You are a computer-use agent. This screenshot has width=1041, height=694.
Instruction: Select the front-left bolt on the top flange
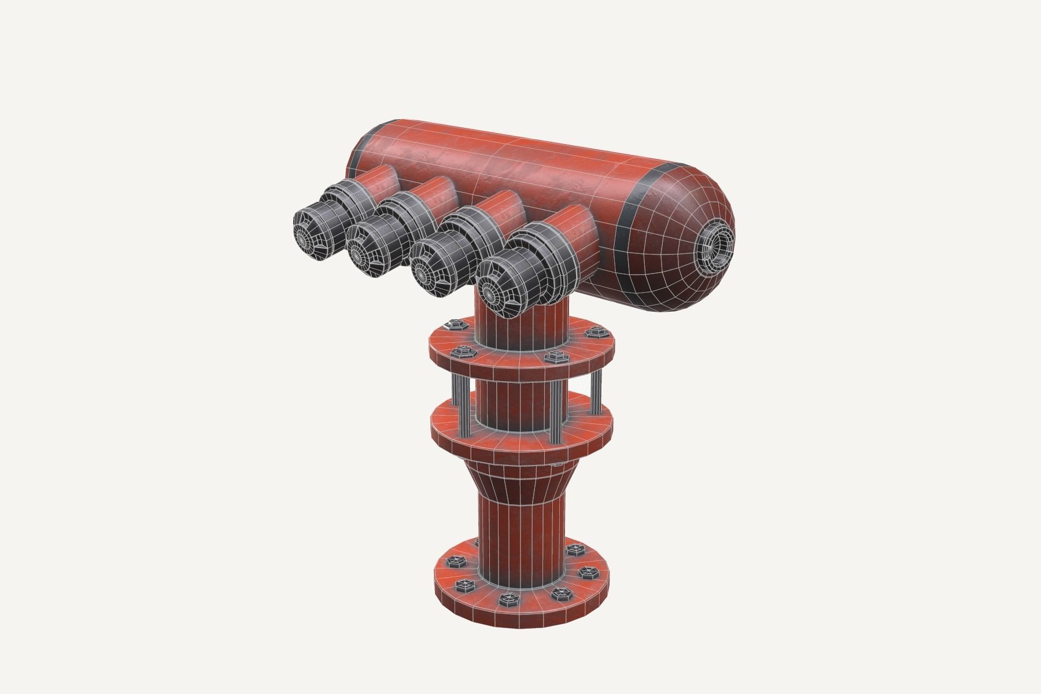pos(463,351)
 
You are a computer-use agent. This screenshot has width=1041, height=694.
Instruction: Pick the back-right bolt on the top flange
pos(592,333)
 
